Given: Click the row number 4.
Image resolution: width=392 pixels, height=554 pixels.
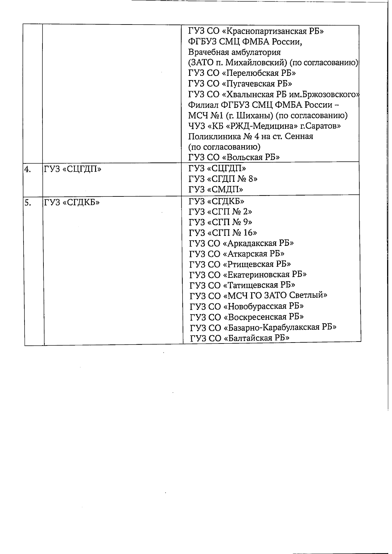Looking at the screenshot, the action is pos(27,169).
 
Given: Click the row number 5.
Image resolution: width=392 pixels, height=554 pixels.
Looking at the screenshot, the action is pos(28,203).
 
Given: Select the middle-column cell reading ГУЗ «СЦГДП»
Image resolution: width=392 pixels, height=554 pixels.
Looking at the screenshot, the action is pos(73,169).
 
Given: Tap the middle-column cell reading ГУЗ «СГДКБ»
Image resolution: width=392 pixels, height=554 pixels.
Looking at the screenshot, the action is pos(72,203).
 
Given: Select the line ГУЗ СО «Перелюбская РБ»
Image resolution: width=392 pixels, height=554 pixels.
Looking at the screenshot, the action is pos(242,73).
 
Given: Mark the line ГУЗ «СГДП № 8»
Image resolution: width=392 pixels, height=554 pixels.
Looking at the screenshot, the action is pos(223,179).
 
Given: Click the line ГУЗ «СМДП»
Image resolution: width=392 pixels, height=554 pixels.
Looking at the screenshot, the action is pos(216,190).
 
